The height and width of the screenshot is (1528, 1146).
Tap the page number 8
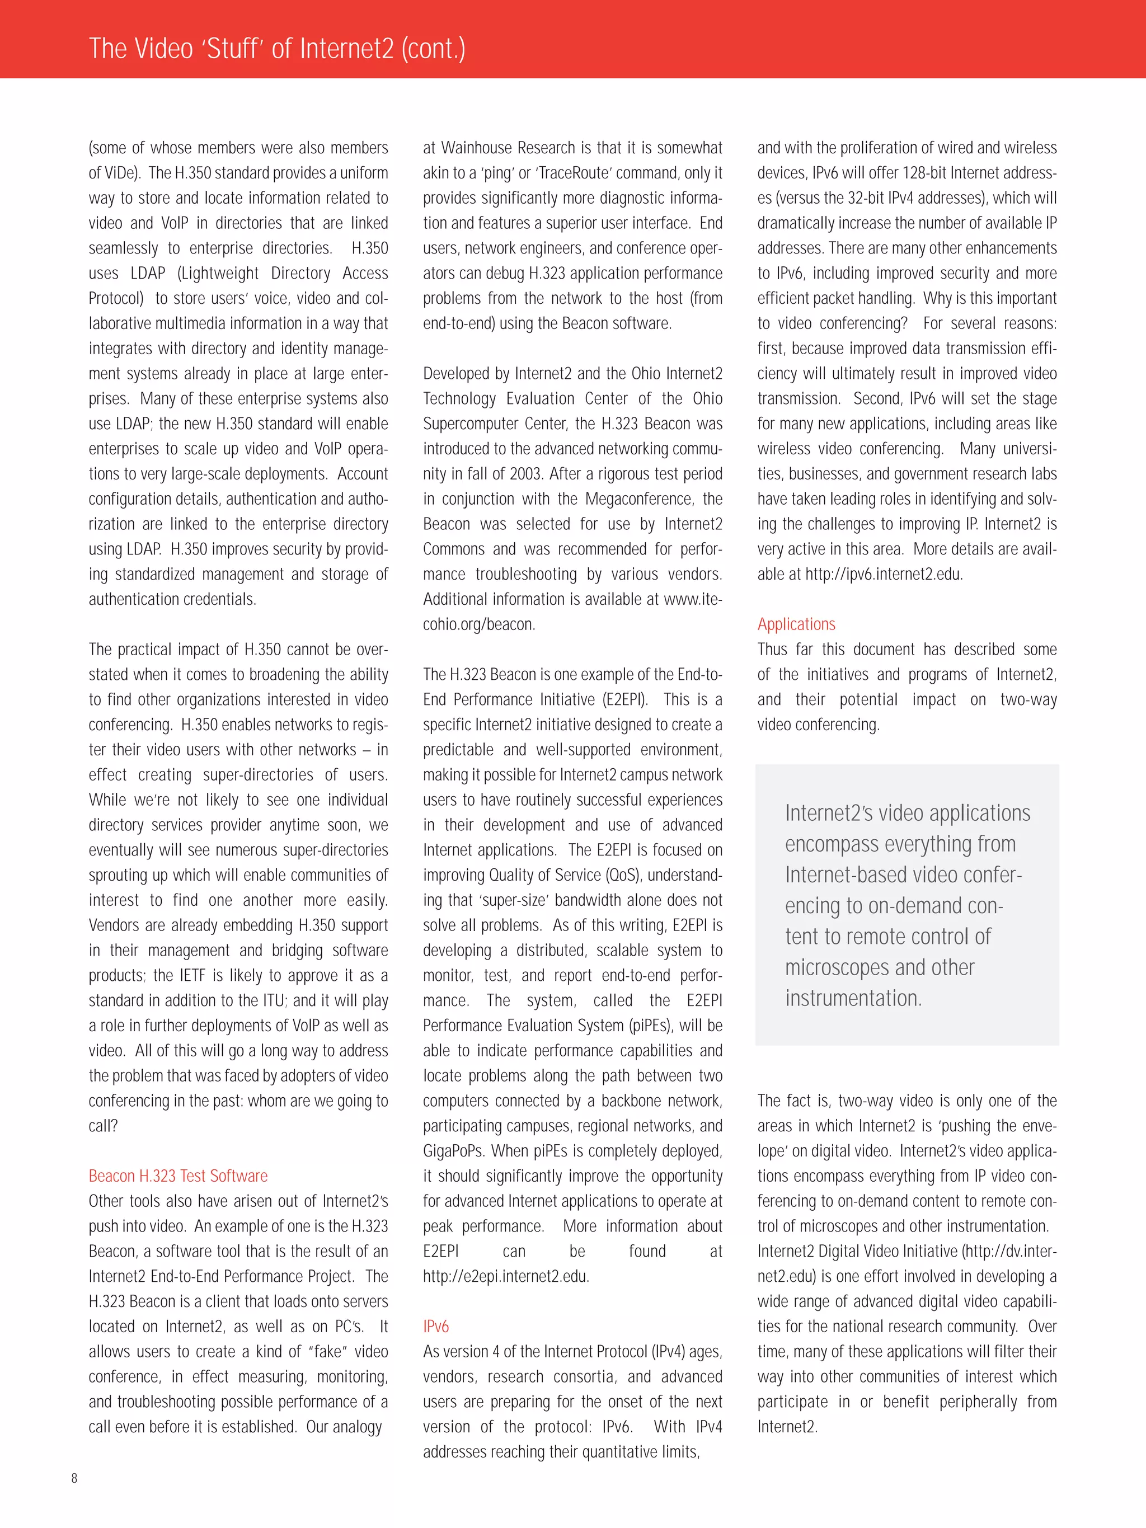[74, 1478]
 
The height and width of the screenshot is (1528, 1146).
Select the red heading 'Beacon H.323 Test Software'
[177, 1176]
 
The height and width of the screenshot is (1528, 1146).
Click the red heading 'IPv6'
[436, 1326]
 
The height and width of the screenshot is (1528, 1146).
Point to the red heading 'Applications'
[796, 624]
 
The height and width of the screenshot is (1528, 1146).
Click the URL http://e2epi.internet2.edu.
[506, 1277]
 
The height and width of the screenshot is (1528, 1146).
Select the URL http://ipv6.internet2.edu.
[884, 574]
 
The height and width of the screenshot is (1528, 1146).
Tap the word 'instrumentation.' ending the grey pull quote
[853, 998]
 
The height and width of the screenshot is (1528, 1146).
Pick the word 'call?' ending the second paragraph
[103, 1126]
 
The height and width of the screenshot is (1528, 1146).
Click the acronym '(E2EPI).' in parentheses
[626, 700]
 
